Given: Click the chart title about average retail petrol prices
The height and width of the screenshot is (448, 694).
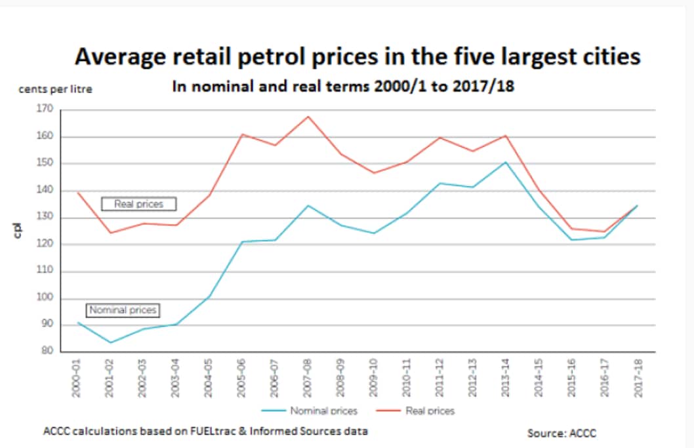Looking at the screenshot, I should [x=357, y=57].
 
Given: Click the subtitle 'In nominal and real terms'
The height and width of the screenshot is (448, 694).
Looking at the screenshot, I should [x=342, y=87].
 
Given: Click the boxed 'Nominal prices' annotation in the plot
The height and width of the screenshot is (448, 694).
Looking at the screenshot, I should [x=123, y=310].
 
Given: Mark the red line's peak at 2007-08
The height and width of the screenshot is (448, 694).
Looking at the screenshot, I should [x=307, y=117].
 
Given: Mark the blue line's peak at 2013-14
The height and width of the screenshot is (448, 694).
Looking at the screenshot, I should [x=504, y=162].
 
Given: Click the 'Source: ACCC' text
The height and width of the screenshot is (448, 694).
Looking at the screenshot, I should [x=562, y=434].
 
